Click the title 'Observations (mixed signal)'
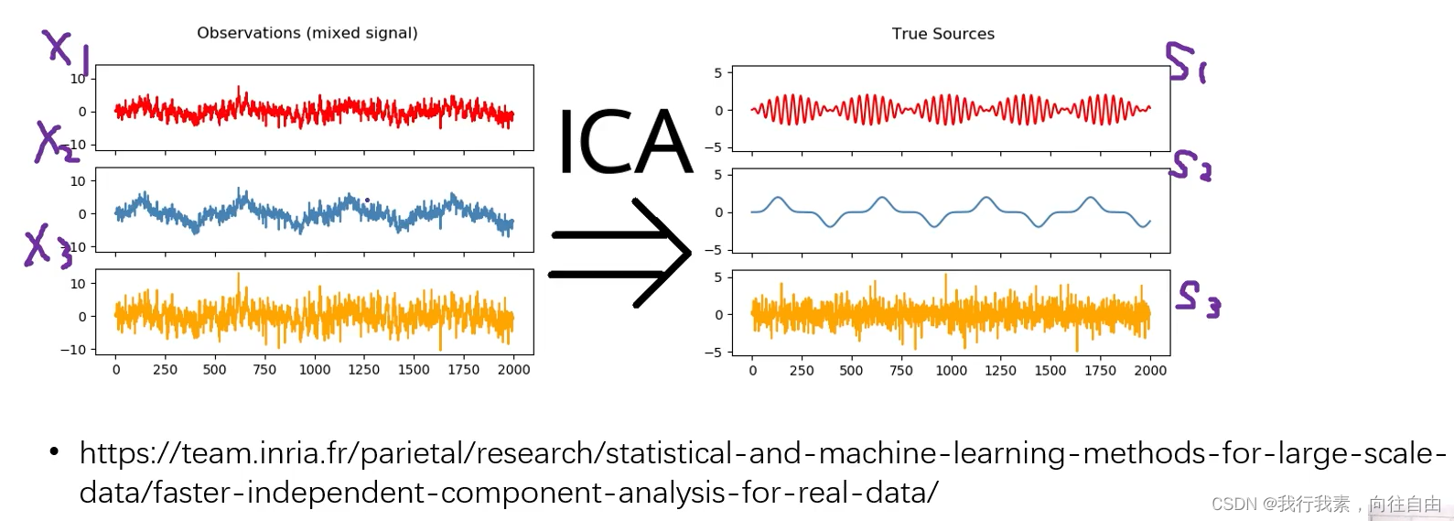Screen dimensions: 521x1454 pyautogui.click(x=307, y=33)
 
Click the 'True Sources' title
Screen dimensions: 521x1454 pyautogui.click(x=942, y=34)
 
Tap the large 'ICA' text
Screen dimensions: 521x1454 pyautogui.click(x=624, y=143)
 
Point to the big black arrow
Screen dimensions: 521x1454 pyautogui.click(x=622, y=253)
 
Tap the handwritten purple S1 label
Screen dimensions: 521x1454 pyautogui.click(x=1185, y=62)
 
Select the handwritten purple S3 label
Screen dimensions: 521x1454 pyautogui.click(x=1198, y=298)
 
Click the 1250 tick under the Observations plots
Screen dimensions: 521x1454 pyautogui.click(x=363, y=370)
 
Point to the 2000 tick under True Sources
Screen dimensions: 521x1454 pyautogui.click(x=1149, y=371)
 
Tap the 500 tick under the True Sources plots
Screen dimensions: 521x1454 pyautogui.click(x=851, y=371)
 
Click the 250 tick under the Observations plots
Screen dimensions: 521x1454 pyautogui.click(x=165, y=370)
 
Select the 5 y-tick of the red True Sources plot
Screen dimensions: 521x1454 pyautogui.click(x=717, y=73)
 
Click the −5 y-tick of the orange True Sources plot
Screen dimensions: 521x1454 pyautogui.click(x=713, y=353)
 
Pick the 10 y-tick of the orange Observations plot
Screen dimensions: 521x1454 pyautogui.click(x=78, y=284)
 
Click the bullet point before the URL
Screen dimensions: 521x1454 pyautogui.click(x=54, y=451)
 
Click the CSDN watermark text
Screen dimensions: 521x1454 pyautogui.click(x=1326, y=505)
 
